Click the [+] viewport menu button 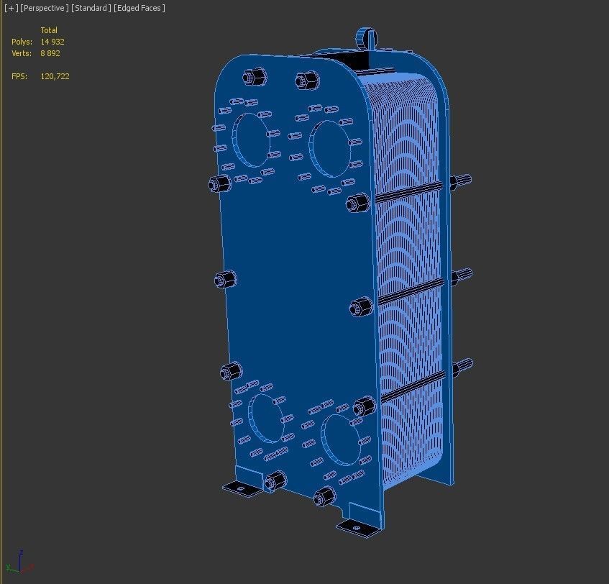[x=12, y=8]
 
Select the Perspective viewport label [x=45, y=8]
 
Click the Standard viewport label [x=91, y=8]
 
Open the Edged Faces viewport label [x=139, y=8]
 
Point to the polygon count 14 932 [x=52, y=42]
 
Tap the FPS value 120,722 [x=55, y=76]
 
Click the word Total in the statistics [x=49, y=30]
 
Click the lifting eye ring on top [x=366, y=36]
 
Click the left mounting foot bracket [x=241, y=488]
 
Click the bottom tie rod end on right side [x=462, y=368]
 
